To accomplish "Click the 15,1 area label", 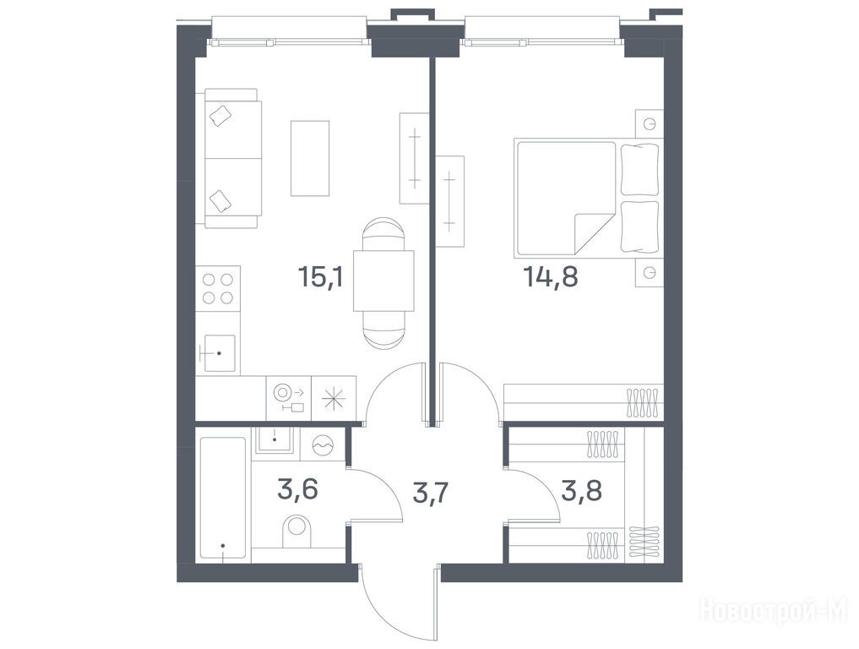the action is (x=320, y=276).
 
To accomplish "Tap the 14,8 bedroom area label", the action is (x=551, y=276).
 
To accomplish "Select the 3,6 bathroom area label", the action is (x=298, y=489).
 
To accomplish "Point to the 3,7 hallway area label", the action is (x=431, y=493).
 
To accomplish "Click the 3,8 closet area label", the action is (x=582, y=491).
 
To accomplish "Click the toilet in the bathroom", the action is (x=296, y=531).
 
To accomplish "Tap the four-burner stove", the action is (x=218, y=289).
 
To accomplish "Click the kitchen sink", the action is (x=218, y=353).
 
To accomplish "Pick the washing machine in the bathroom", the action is (x=323, y=444).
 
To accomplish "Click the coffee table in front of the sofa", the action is (x=309, y=158).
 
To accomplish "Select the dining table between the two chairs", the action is (x=383, y=281).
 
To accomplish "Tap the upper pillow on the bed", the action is (x=639, y=169).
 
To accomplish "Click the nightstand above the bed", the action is (x=650, y=124).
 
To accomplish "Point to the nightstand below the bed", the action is (x=650, y=272).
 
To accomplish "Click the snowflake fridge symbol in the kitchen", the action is (x=334, y=398).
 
